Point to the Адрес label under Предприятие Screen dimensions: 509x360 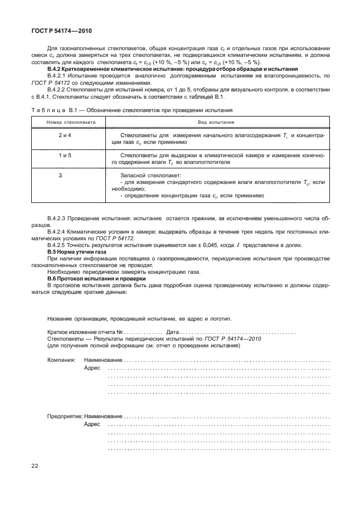[92, 424]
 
